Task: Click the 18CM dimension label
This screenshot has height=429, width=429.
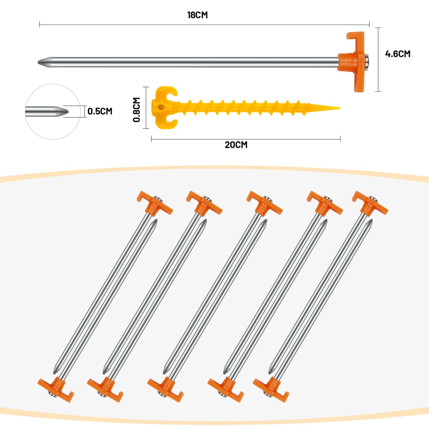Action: click(x=197, y=15)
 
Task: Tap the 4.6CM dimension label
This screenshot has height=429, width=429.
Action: click(x=398, y=54)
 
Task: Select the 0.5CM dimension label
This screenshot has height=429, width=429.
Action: click(x=100, y=111)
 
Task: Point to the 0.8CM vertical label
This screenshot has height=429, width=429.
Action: click(x=137, y=110)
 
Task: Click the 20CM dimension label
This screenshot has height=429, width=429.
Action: click(x=236, y=145)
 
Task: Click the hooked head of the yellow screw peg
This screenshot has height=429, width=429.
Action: click(x=165, y=107)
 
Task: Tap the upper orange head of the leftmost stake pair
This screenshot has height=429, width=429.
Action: click(x=155, y=204)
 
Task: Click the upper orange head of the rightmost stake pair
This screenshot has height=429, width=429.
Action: click(x=370, y=204)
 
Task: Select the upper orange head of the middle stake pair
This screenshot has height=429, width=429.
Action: click(x=265, y=204)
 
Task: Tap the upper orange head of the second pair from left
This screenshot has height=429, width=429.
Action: click(x=204, y=204)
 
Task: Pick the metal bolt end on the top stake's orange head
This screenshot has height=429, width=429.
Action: click(x=367, y=62)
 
